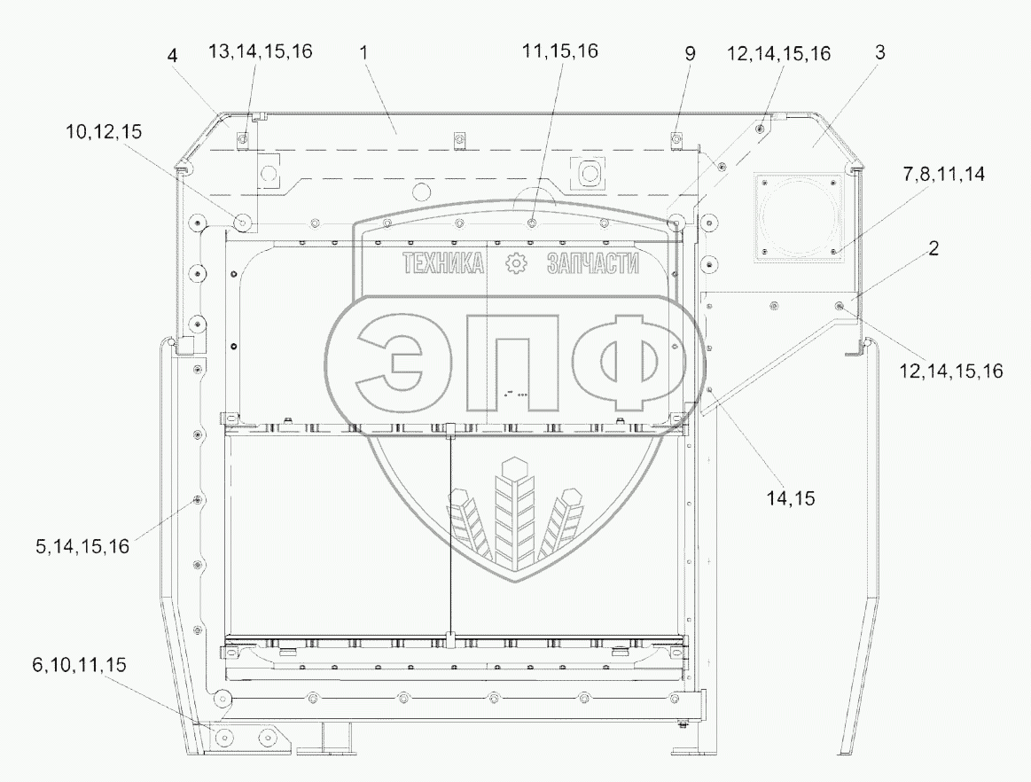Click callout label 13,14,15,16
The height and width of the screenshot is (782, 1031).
pos(261,51)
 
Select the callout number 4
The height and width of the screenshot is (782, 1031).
pos(172,55)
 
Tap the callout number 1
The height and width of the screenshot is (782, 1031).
pos(364,52)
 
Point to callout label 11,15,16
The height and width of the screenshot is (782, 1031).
pos(560,51)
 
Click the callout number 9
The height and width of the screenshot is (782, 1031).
pos(690,54)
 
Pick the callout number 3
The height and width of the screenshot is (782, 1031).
pos(880,52)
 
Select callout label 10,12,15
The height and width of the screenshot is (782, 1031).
pos(104,131)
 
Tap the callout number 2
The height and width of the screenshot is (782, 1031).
pos(933,248)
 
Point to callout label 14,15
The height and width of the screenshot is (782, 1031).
pos(791,498)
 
